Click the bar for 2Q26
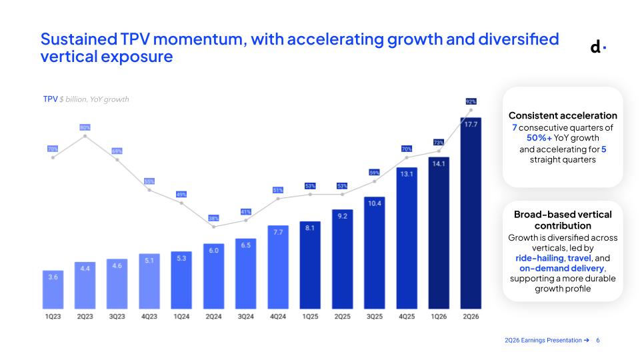coord(471,213)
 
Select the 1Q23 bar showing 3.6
coord(53,289)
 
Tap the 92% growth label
coord(471,101)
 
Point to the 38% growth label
coord(213,218)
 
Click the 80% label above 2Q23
coord(85,127)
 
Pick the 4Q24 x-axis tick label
coord(278,316)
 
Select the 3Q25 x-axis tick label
coord(374,316)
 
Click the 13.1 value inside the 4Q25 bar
coord(407,174)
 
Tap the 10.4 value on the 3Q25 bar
coord(374,203)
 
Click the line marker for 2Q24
coord(213,227)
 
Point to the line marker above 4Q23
coord(149,190)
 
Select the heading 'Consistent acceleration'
coord(563,115)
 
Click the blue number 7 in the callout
coord(515,128)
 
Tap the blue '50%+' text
coord(539,138)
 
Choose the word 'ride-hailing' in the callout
coord(539,258)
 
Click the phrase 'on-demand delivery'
coord(561,268)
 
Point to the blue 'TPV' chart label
coord(50,99)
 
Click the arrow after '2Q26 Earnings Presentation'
coord(587,340)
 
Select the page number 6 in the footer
coord(598,340)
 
